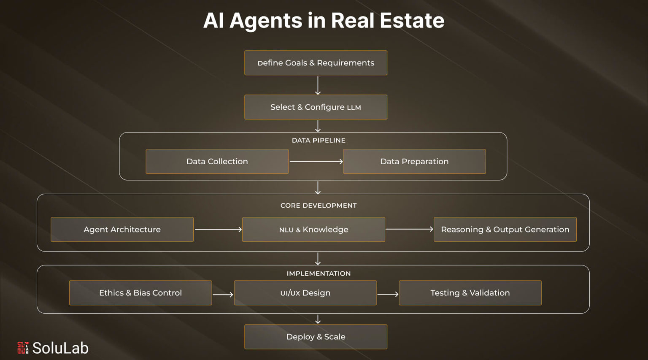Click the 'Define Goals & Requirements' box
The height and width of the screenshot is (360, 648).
point(316,63)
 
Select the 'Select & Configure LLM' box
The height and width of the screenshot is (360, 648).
point(316,107)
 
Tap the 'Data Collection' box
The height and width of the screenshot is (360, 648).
point(217,161)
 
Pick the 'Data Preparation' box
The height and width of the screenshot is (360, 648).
point(414,161)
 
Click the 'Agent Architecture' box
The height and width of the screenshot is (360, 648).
point(122,230)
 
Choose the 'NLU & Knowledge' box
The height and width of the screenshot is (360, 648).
point(313,230)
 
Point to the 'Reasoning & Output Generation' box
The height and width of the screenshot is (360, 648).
point(505,230)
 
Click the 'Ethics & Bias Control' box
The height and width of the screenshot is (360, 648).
point(140,293)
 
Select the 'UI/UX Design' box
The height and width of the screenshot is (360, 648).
point(305,293)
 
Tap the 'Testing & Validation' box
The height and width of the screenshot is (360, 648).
point(470,293)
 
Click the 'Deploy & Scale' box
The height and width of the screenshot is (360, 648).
point(316,337)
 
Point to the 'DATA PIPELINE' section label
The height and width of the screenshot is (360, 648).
point(319,140)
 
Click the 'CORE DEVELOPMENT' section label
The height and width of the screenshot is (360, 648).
point(319,206)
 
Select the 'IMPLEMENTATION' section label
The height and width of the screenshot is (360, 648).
point(319,273)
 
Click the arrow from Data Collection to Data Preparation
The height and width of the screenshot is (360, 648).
point(316,161)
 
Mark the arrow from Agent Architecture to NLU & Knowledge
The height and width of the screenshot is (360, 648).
point(218,230)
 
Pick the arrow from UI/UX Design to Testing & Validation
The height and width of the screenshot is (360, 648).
point(388,294)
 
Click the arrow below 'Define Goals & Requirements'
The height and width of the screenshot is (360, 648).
point(318,85)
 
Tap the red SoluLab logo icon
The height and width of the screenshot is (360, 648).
point(23,348)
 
